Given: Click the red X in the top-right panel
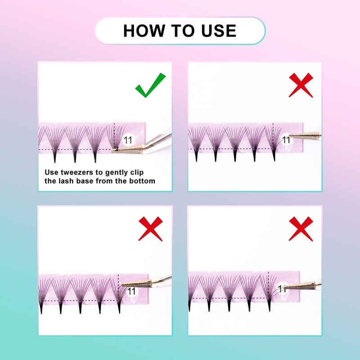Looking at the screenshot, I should [x=301, y=85].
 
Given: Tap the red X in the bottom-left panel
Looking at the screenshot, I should [x=150, y=228].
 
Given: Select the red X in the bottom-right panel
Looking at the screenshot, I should [x=301, y=228].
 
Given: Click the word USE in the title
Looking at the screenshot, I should [x=219, y=31].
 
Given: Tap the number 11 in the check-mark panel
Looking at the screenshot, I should [x=128, y=140].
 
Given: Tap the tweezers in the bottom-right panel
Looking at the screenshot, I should [x=304, y=284].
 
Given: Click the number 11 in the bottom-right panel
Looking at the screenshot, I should [x=283, y=288].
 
